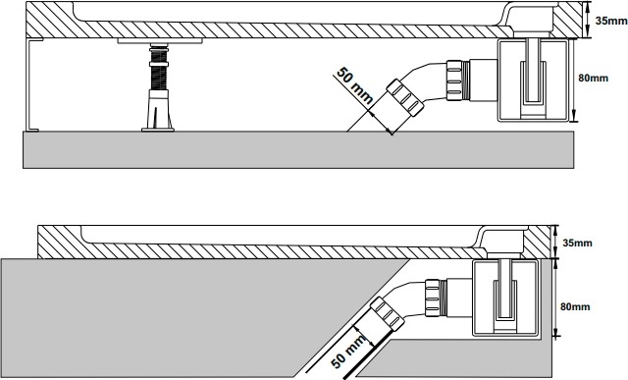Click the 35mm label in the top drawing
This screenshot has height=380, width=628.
(610, 21)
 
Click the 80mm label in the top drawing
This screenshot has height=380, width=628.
(593, 78)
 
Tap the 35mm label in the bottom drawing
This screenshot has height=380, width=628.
(577, 243)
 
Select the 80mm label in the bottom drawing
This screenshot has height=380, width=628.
(575, 306)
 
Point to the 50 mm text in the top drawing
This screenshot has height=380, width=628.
(355, 85)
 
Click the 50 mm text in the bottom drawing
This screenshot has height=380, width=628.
(348, 352)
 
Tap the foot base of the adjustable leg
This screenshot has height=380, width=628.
(158, 129)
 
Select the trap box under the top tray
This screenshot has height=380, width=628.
(533, 80)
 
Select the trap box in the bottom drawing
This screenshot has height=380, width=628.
(506, 297)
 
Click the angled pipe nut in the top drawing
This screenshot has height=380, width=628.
(405, 98)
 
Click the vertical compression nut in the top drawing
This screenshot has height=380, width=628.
(455, 80)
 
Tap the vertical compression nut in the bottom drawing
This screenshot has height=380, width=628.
(434, 297)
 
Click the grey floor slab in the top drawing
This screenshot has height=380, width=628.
(298, 149)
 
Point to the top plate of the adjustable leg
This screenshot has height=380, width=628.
(160, 41)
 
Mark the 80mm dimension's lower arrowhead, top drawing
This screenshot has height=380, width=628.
(574, 117)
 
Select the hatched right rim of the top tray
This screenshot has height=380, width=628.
(565, 20)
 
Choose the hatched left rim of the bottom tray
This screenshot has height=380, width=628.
(60, 242)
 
